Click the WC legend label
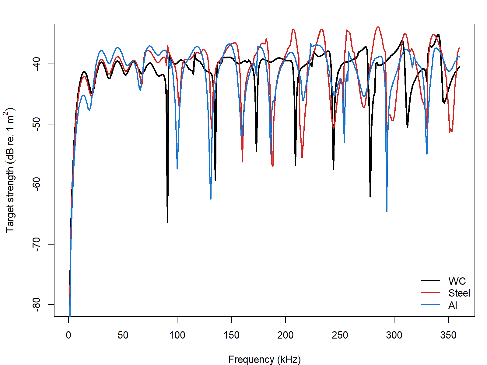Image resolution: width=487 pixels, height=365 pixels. [457, 281]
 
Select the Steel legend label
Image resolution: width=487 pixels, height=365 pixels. [459, 293]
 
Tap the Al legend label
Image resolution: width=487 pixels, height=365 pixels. [453, 305]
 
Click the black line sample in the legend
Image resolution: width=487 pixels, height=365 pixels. [430, 280]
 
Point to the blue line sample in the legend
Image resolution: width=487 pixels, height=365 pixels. [430, 305]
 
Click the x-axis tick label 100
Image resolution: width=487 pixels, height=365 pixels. [177, 335]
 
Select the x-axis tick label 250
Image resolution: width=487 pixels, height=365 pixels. [340, 335]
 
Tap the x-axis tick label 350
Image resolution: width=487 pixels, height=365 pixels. [448, 335]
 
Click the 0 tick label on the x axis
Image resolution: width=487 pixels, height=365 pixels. [69, 335]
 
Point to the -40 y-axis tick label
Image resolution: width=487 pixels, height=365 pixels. [36, 64]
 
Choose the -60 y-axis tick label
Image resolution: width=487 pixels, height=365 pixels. [36, 184]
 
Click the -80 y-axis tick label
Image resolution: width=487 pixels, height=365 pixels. [36, 304]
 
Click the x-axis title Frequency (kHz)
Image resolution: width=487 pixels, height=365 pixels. [264, 360]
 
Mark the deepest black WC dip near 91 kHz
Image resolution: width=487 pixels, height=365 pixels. [167, 222]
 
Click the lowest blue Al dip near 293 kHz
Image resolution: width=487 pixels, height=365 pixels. [387, 211]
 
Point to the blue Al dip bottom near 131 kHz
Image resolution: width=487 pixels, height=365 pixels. [211, 198]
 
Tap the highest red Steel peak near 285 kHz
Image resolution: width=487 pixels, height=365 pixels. [378, 27]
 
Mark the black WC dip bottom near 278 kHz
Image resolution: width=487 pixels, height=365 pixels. [370, 196]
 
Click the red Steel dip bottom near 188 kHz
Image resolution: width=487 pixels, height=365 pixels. [273, 166]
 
